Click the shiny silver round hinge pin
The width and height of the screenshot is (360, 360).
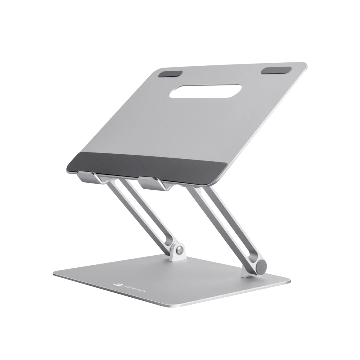[179, 250]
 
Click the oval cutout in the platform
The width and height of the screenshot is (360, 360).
[205, 91]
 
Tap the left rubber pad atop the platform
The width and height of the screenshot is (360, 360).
[170, 74]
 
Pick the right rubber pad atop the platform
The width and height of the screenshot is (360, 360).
[276, 70]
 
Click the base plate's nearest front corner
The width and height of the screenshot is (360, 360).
[168, 306]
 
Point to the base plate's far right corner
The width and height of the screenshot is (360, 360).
[289, 281]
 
